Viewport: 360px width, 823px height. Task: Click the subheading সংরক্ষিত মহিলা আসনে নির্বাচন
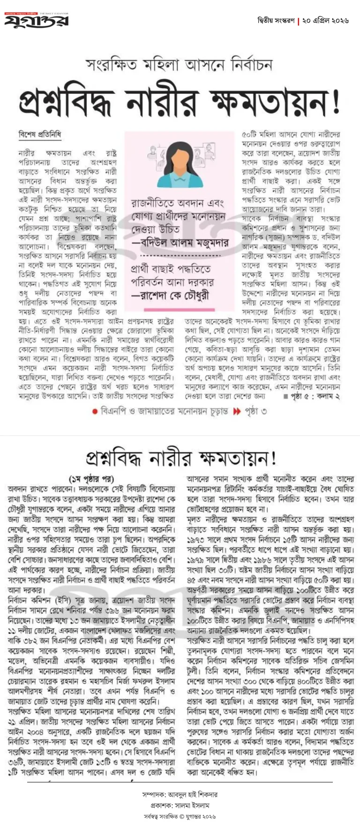tap(179, 65)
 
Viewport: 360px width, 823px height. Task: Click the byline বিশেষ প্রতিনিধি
tap(40, 135)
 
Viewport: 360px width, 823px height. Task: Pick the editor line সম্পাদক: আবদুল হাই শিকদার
tap(180, 794)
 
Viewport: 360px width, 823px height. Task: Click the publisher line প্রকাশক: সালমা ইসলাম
tap(180, 805)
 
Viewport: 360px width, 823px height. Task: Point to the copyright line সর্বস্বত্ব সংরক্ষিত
tap(180, 816)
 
